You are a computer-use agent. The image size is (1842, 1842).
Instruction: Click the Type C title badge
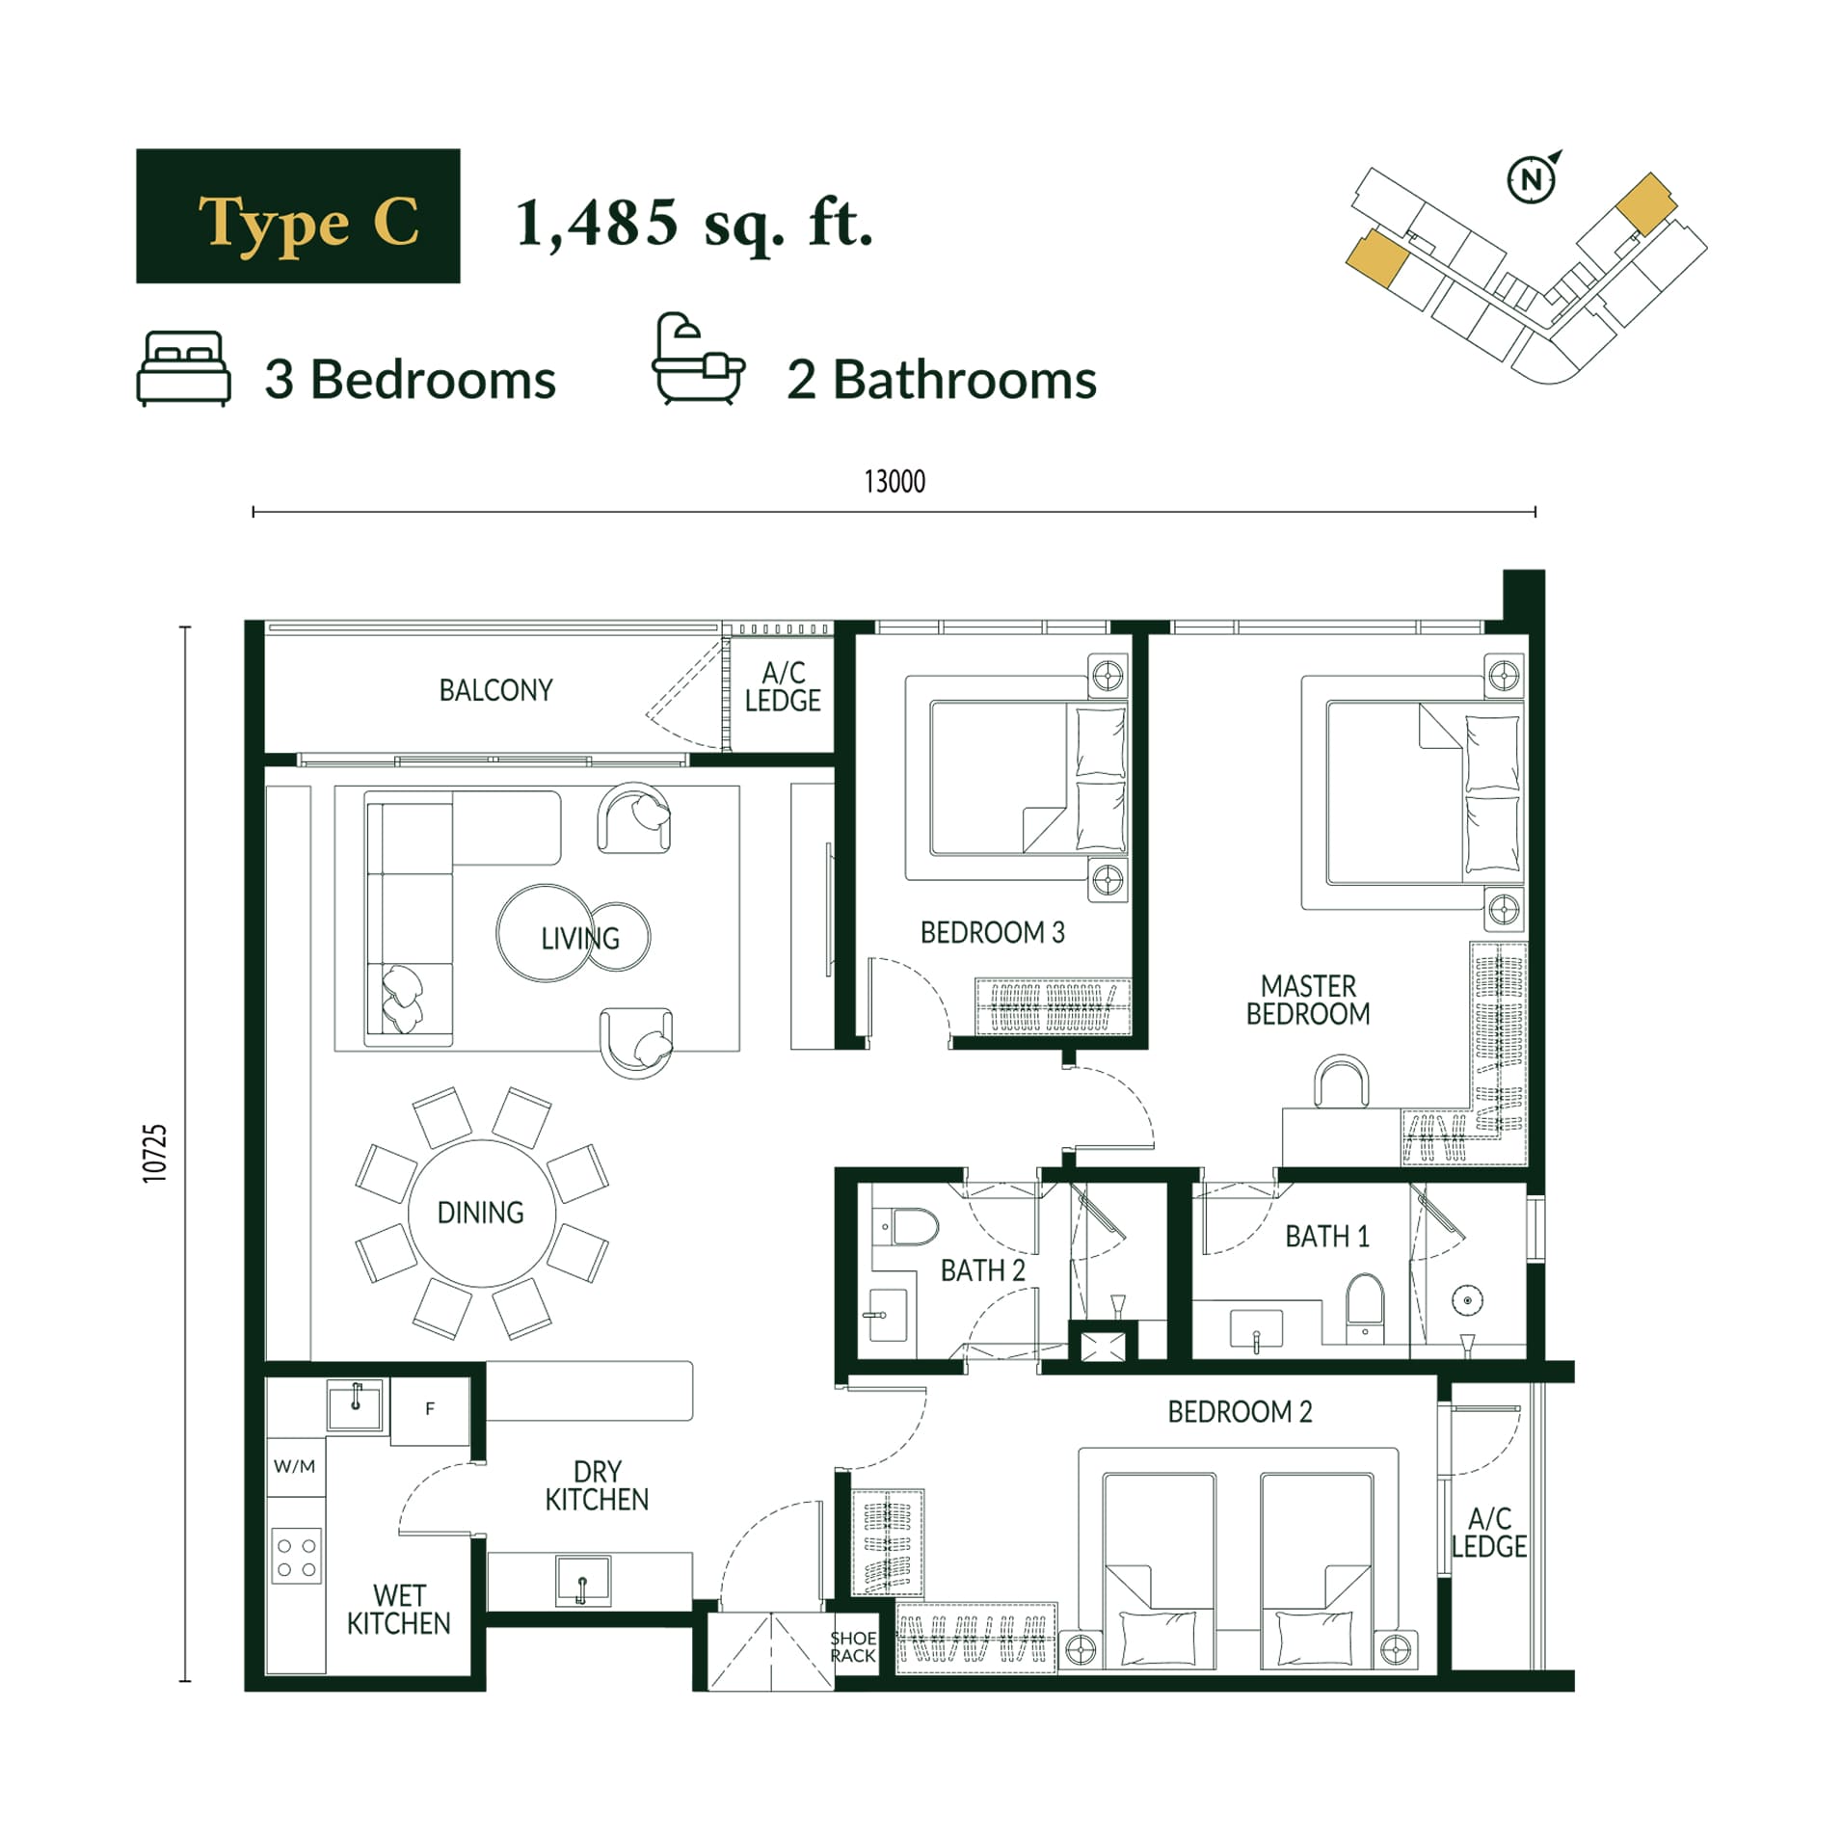(297, 215)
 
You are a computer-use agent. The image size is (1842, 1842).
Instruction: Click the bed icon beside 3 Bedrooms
(183, 368)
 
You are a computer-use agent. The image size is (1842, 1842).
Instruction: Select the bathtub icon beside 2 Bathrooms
(698, 358)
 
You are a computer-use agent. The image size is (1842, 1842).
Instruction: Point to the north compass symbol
(1533, 177)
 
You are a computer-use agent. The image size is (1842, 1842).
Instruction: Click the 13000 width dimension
(894, 481)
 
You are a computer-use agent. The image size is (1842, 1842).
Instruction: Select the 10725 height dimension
(154, 1153)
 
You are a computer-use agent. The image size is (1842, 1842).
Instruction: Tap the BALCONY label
(495, 690)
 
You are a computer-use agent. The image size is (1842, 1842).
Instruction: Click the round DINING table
(481, 1213)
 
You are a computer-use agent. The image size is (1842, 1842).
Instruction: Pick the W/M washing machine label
(294, 1466)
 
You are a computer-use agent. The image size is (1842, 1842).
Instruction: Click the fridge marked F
(430, 1409)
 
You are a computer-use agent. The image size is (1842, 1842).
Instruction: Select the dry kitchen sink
(582, 1582)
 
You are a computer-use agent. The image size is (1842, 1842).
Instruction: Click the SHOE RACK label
(853, 1646)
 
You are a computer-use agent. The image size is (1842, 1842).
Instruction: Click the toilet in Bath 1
(1364, 1306)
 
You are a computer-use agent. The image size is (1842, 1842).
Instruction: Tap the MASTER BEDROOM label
(1308, 1000)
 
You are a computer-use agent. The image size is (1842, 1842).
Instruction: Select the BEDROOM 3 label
(992, 932)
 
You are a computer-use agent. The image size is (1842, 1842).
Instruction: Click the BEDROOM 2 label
(1240, 1411)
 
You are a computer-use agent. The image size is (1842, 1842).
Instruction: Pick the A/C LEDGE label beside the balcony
(783, 686)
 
